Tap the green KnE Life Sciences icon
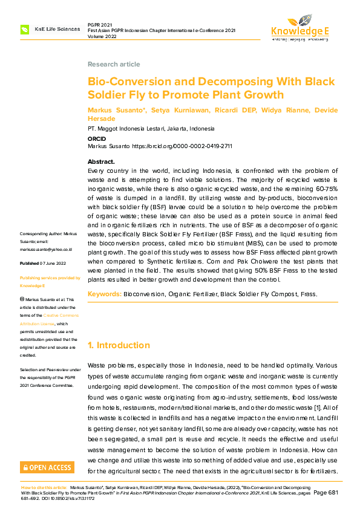point(25,29)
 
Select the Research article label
point(114,64)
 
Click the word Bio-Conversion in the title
point(122,82)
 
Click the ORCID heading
point(97,138)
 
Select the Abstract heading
point(101,162)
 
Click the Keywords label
point(104,294)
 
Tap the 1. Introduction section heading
point(119,345)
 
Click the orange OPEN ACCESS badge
point(47,467)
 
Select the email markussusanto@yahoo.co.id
point(46,249)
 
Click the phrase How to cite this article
point(44,487)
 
